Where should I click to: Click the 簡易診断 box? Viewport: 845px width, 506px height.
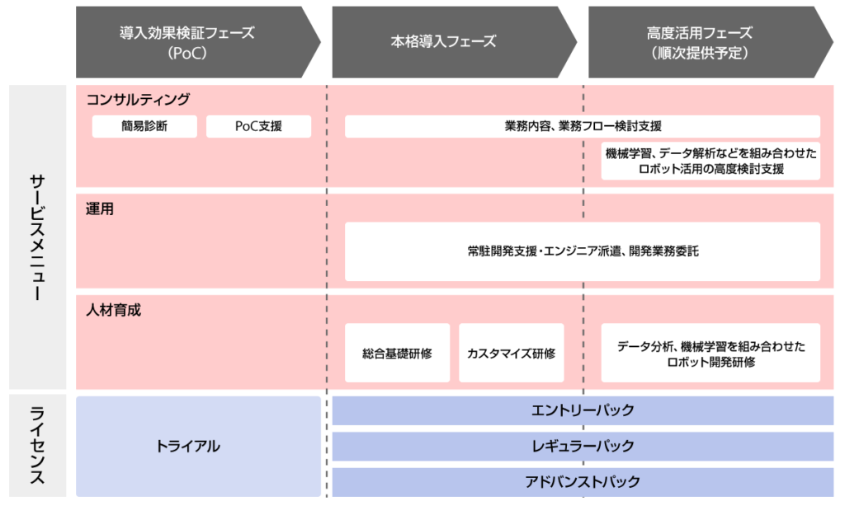[x=144, y=127]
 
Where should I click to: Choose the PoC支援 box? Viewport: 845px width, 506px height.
[x=258, y=127]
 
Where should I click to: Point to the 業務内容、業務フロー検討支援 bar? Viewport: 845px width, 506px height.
[x=583, y=127]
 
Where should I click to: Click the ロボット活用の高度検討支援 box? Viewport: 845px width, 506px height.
[x=710, y=161]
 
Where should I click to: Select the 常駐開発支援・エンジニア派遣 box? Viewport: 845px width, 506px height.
[x=583, y=251]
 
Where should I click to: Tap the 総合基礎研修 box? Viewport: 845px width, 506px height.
[x=397, y=353]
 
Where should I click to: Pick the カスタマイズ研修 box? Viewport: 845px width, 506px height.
[x=512, y=353]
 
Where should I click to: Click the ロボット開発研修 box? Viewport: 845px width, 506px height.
[x=710, y=353]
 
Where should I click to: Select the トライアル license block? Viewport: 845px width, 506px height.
[x=198, y=446]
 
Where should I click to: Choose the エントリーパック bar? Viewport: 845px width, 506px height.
[x=583, y=410]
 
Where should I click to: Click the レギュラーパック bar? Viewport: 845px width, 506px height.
[x=583, y=446]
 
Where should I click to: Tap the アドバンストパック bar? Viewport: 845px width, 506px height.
[x=583, y=482]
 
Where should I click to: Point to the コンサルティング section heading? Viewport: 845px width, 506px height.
[x=138, y=100]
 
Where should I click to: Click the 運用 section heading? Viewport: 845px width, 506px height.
[x=100, y=208]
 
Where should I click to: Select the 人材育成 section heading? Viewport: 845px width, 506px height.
[x=113, y=310]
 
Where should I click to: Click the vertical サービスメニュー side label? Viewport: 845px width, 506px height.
[x=37, y=237]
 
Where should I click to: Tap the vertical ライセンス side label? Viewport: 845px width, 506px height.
[x=37, y=446]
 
